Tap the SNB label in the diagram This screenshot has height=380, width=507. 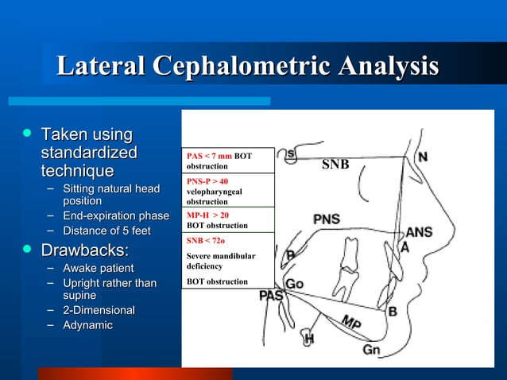[x=335, y=164]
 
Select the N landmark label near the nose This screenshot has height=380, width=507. [x=424, y=157]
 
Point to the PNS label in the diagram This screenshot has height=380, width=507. [x=326, y=219]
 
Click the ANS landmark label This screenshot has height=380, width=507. [x=419, y=232]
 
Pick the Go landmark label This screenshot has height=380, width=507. [x=294, y=284]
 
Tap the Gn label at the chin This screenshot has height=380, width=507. [x=371, y=350]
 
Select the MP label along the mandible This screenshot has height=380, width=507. [x=351, y=323]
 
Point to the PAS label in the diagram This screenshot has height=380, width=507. [x=271, y=296]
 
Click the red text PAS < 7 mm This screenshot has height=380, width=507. [x=209, y=157]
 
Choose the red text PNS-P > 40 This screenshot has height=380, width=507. [x=207, y=181]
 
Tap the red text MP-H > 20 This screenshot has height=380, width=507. [x=207, y=215]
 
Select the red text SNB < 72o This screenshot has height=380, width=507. [x=206, y=239]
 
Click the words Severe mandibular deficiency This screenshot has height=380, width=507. [x=220, y=262]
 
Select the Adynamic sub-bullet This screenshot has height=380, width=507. [x=87, y=324]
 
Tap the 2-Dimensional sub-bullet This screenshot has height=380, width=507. [x=99, y=309]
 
